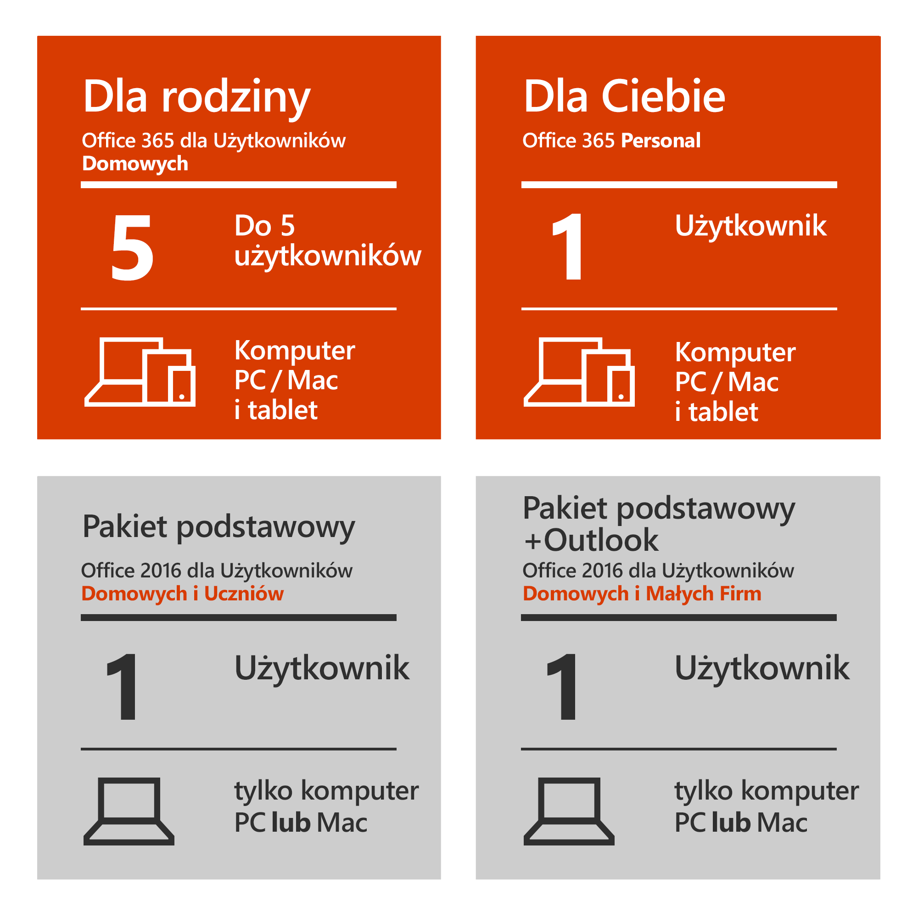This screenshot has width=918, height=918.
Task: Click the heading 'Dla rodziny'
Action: [x=196, y=96]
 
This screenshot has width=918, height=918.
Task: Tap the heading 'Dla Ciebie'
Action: [x=624, y=96]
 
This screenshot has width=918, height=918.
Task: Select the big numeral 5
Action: [x=132, y=247]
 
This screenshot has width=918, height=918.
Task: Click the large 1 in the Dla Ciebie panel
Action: [x=568, y=247]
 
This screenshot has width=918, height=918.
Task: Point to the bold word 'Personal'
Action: [x=661, y=140]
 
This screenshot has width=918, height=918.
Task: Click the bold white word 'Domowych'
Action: [x=135, y=163]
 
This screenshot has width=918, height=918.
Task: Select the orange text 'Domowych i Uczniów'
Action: [x=183, y=593]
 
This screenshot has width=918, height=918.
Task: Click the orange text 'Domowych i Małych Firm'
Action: [x=642, y=593]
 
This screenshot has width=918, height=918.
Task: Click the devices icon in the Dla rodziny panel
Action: [x=140, y=372]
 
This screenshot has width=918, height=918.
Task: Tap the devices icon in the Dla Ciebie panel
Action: [x=579, y=372]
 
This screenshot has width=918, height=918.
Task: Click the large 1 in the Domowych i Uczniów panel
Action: [x=123, y=687]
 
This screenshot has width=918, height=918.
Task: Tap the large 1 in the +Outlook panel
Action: [x=563, y=687]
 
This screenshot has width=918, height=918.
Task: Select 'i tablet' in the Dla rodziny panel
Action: [x=276, y=410]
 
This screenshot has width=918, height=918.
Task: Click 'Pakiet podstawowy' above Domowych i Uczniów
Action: [x=218, y=527]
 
